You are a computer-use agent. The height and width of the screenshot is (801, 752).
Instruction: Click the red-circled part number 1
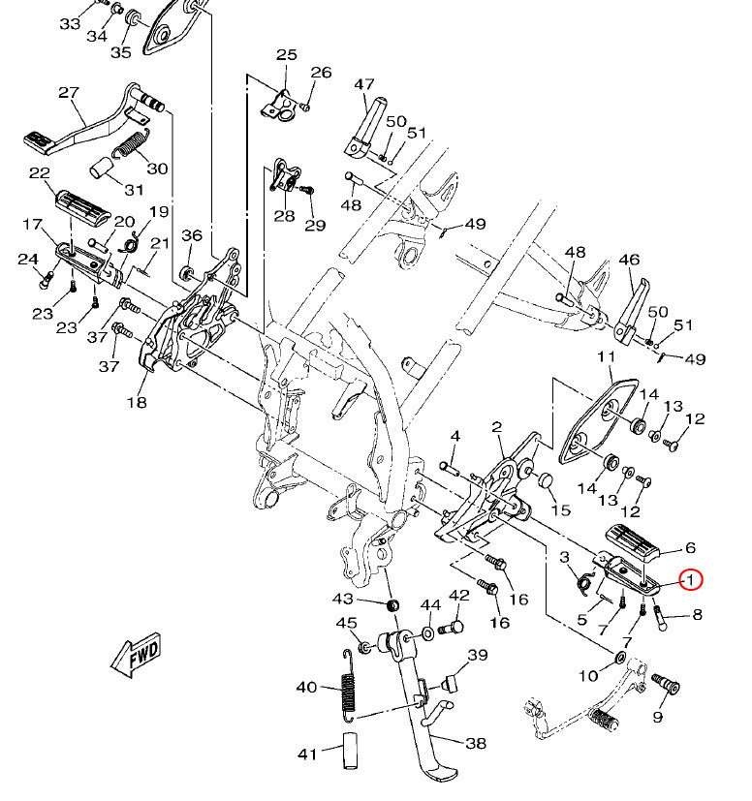click(691, 580)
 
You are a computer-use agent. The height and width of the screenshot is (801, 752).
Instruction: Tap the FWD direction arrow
click(137, 656)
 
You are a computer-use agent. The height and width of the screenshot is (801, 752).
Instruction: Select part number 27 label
click(69, 92)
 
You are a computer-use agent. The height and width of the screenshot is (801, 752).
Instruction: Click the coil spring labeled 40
click(349, 686)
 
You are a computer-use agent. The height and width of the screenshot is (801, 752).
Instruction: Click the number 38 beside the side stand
click(476, 743)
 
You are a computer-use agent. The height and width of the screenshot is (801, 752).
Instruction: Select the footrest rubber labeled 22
click(82, 206)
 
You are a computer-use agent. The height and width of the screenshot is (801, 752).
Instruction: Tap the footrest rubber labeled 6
click(633, 541)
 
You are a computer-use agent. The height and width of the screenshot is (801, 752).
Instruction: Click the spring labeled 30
click(131, 143)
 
